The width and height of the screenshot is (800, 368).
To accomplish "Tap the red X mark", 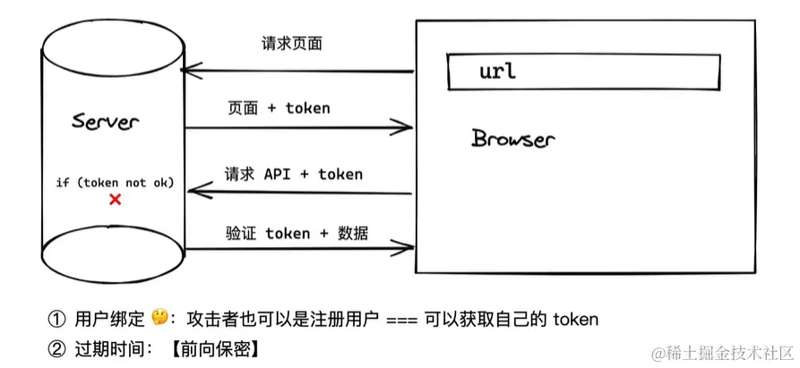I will coord(115,200).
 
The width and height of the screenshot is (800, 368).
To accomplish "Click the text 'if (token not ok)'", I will coord(115,183).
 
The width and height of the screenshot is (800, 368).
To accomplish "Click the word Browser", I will coord(513,139).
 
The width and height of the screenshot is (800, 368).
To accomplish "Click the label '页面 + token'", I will coord(279,108).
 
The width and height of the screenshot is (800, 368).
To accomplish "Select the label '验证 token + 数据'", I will coord(297,234).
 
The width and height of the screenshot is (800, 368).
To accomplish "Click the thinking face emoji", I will coord(160,318).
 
